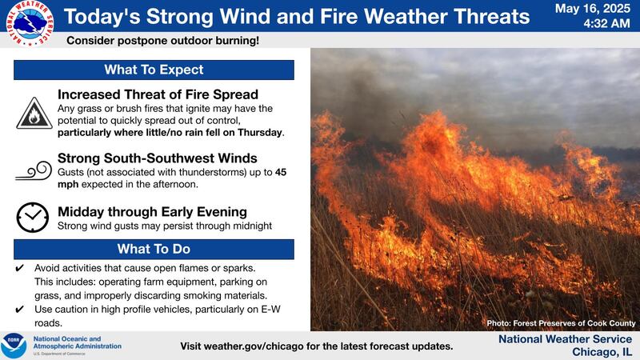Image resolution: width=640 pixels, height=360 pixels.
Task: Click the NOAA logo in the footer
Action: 15,345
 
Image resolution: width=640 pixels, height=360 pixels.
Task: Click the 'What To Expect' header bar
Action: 154,70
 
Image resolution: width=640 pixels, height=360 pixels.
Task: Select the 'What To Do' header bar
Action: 154,249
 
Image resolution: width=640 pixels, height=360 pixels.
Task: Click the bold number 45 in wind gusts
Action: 282,171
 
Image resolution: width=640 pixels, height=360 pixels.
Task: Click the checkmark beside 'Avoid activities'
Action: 20,267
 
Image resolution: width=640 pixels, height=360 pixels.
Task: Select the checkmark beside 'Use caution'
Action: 20,310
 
